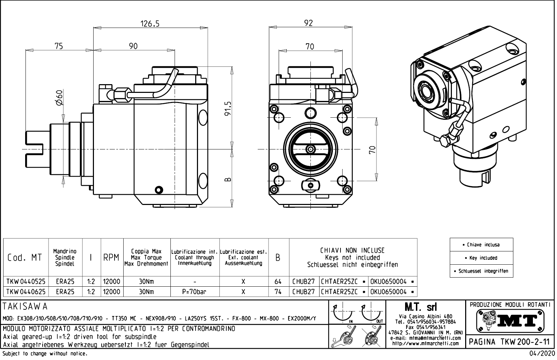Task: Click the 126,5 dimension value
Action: [150, 24]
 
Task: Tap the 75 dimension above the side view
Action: [59, 46]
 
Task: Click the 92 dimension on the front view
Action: [308, 23]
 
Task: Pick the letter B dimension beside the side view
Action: [228, 179]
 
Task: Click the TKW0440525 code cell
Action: [26, 281]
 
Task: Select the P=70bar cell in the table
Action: [195, 292]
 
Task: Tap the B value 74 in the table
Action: [278, 292]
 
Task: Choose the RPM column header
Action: [112, 258]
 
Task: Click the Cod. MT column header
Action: [25, 258]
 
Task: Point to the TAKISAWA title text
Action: [25, 307]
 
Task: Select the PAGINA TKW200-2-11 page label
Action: [510, 342]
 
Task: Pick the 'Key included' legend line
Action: [481, 258]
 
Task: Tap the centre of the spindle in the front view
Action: [310, 149]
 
